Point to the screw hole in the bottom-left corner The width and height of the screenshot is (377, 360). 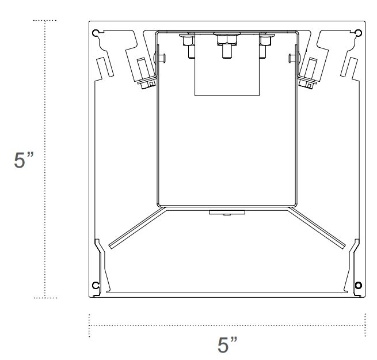[96, 286]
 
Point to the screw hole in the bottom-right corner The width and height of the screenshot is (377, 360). [359, 286]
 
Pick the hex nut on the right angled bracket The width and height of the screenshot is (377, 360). [310, 85]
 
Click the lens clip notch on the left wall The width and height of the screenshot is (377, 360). [100, 245]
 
